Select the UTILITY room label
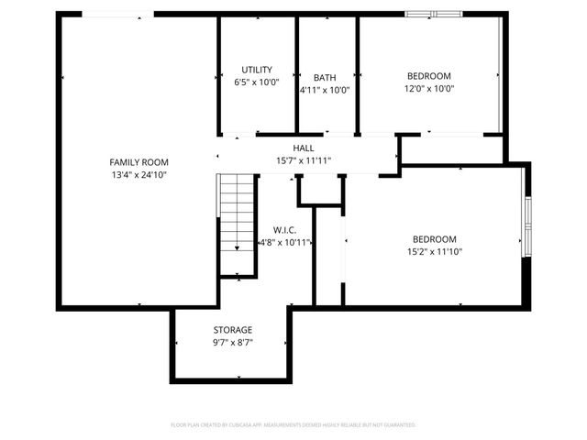tap(257, 70)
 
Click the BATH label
tap(325, 78)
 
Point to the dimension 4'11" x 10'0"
tap(325, 90)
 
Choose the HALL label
tap(304, 148)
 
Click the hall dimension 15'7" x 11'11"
tap(304, 160)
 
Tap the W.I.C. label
tap(285, 230)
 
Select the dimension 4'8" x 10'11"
tap(285, 243)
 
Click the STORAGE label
tap(233, 330)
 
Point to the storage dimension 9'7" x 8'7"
tap(233, 342)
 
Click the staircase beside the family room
tap(238, 224)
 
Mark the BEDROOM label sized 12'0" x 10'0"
tap(429, 76)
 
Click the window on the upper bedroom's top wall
tap(435, 14)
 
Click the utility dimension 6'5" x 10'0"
tap(257, 82)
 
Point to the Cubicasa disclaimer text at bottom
tap(293, 425)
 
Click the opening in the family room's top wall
tap(118, 14)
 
